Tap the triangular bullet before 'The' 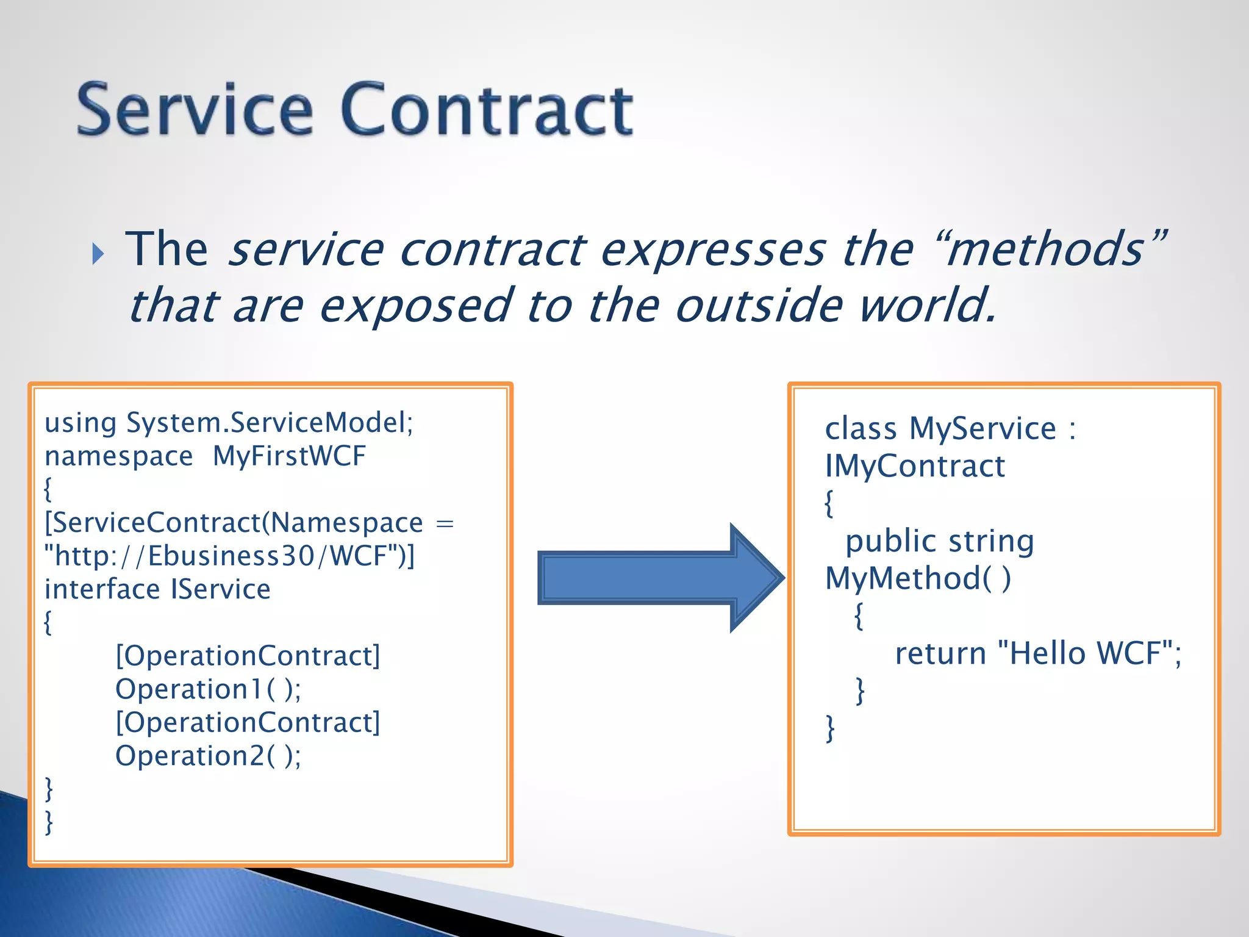point(98,253)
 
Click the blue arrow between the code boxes point(659,577)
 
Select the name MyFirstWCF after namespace point(289,456)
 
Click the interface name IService point(220,589)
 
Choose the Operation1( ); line point(208,689)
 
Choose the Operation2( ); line point(208,756)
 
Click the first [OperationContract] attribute point(248,656)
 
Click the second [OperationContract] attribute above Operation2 point(248,722)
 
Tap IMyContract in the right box point(914,467)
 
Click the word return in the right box point(940,653)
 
